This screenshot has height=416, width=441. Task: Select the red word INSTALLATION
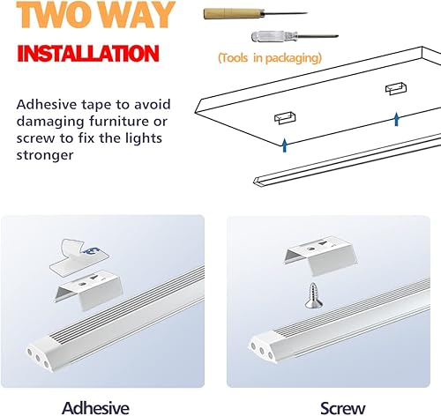tap(87, 51)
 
